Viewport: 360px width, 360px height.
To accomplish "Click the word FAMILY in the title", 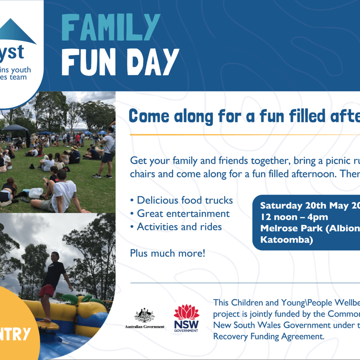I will pyautogui.click(x=111, y=27).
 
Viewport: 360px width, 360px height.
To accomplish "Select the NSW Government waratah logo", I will pyautogui.click(x=186, y=318).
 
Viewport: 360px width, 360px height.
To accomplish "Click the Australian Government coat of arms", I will pyautogui.click(x=144, y=316).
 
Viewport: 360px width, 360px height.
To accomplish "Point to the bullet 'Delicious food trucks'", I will pyautogui.click(x=181, y=200).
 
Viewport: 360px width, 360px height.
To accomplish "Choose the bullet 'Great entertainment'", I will pyautogui.click(x=180, y=214).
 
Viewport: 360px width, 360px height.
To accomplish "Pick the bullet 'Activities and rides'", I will pyautogui.click(x=176, y=227).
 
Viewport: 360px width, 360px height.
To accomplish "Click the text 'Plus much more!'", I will pyautogui.click(x=167, y=253).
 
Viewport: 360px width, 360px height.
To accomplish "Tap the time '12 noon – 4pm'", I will pyautogui.click(x=294, y=217).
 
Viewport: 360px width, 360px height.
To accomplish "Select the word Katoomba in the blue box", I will pyautogui.click(x=287, y=240).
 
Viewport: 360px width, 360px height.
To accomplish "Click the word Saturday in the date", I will pyautogui.click(x=281, y=206).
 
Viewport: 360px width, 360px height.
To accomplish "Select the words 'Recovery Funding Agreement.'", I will pyautogui.click(x=268, y=336).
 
